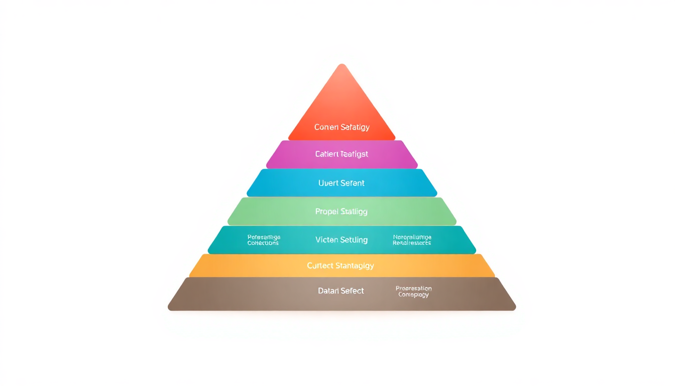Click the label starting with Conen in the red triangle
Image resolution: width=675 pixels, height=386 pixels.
coord(342,127)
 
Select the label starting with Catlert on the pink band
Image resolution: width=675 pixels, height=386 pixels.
coord(342,154)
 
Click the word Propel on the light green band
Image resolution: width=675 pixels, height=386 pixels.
coord(327,212)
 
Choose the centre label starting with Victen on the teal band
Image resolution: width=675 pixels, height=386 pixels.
coord(342,240)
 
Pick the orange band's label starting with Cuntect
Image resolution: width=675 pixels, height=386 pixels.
coord(341,265)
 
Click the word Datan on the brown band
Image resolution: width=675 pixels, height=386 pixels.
coord(329,291)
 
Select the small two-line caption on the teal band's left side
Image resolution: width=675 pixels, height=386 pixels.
coord(263,240)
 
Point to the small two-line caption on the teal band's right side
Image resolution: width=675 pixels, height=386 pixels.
coord(412,240)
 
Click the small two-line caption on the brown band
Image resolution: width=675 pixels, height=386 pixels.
coord(414,292)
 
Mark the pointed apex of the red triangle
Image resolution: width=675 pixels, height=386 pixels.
coord(342,65)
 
